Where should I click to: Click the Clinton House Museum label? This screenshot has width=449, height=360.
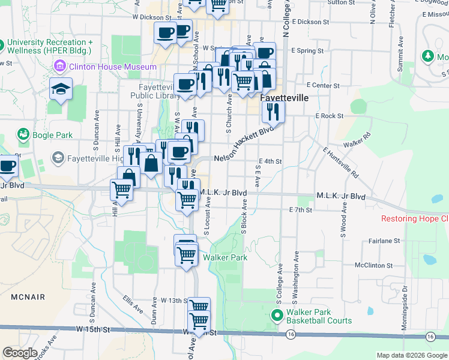(113, 67)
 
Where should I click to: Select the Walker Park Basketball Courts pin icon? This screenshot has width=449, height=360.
(277, 314)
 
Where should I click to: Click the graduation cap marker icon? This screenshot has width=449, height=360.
(60, 90)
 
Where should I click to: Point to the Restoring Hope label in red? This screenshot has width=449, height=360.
(415, 218)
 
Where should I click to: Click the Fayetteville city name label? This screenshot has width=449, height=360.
(284, 97)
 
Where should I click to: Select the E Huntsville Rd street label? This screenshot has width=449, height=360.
(340, 163)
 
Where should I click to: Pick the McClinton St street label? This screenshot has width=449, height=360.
(373, 265)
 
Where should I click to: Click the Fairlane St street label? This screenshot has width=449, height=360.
(385, 241)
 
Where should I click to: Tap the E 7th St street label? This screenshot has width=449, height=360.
(300, 210)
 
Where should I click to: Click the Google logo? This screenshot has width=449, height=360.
(20, 353)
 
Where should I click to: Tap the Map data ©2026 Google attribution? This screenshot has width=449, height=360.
(411, 355)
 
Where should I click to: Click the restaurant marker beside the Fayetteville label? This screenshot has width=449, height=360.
(273, 112)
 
